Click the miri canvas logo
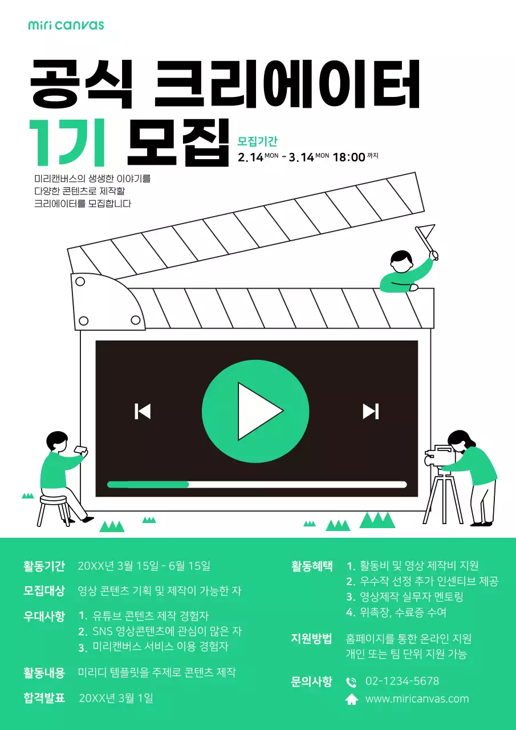coord(66,25)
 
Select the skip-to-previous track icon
coord(143,411)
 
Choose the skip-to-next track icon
coord(371,411)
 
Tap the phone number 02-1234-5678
coord(402,682)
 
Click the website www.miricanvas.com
coord(417,699)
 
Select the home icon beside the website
coord(352,700)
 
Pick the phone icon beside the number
coord(352,682)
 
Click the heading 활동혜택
coord(312,566)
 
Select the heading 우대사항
coord(44,616)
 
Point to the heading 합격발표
coord(44,697)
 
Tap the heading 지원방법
coord(311,639)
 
